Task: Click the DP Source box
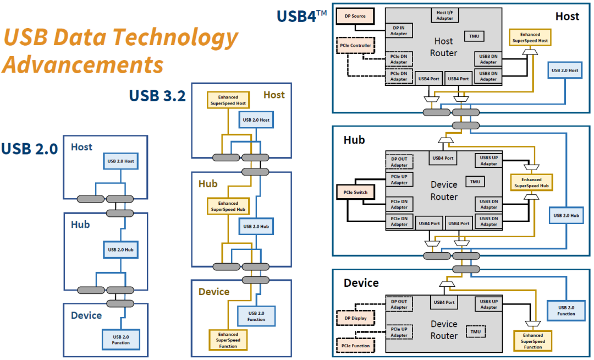click(355, 16)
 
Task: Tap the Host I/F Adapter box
click(444, 15)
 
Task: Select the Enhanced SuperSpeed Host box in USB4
click(531, 38)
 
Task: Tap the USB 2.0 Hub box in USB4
click(565, 216)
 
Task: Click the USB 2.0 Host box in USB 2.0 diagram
click(121, 161)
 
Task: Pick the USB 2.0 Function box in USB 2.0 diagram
click(121, 340)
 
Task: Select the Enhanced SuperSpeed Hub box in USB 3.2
click(228, 206)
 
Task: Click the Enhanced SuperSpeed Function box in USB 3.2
click(228, 340)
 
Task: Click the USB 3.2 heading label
click(157, 95)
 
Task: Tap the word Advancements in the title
click(82, 64)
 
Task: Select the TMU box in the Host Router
click(474, 36)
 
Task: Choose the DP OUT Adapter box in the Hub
click(399, 162)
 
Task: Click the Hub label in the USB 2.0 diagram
click(80, 225)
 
